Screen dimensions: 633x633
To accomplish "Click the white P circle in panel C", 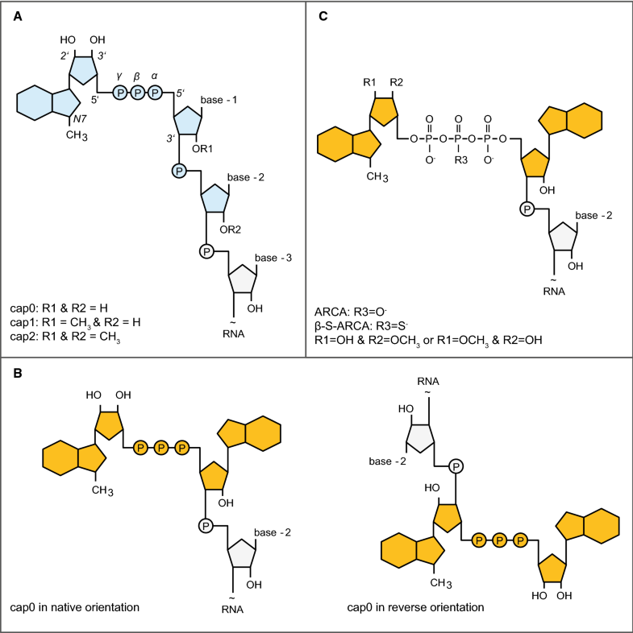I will (526, 209).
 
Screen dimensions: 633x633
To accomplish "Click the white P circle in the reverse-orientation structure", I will (456, 466).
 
